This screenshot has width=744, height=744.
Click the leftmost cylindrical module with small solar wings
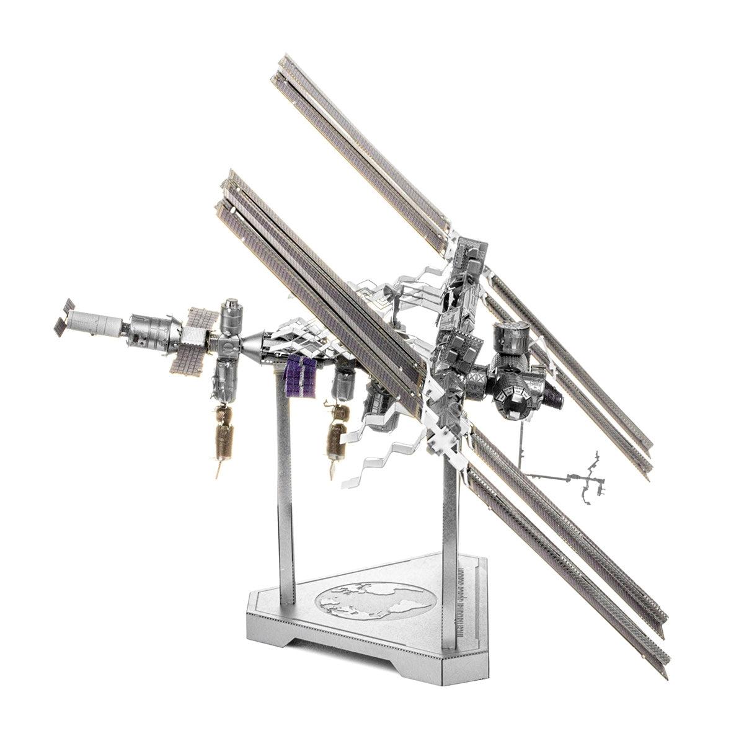click(x=93, y=321)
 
